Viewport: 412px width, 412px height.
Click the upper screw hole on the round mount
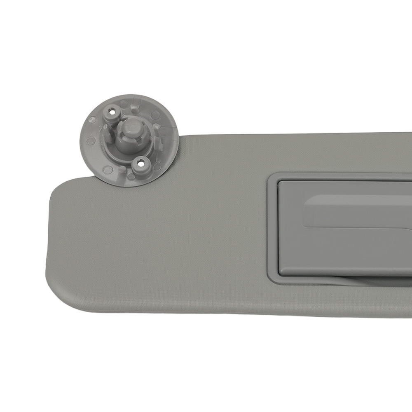tap(112, 111)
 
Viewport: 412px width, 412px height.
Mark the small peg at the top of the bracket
tap(133, 108)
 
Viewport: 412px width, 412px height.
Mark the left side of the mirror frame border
tap(272, 229)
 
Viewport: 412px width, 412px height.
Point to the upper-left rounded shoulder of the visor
tap(62, 185)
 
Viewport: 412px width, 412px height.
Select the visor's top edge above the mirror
tap(330, 134)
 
